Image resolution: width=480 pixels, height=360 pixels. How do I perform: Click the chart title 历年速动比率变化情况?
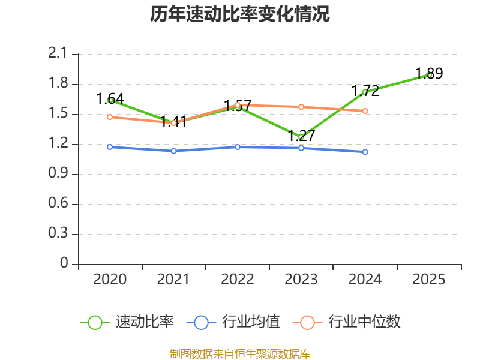click(x=240, y=14)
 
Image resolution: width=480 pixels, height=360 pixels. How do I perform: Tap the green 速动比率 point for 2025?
click(x=429, y=75)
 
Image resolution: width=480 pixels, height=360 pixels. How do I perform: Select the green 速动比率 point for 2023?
click(x=301, y=137)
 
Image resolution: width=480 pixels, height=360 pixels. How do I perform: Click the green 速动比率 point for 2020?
click(x=110, y=100)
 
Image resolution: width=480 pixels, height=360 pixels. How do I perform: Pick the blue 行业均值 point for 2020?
click(x=110, y=147)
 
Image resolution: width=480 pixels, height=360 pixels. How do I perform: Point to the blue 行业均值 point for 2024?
click(x=365, y=152)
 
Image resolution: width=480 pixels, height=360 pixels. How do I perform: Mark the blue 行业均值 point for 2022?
click(x=238, y=147)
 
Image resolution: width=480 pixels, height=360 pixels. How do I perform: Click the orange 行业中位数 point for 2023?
click(x=301, y=107)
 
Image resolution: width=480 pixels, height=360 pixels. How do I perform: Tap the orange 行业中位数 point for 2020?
click(x=110, y=117)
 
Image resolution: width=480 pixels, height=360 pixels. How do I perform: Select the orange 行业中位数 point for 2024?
click(x=365, y=111)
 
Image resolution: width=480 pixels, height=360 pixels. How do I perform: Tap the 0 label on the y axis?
click(x=65, y=264)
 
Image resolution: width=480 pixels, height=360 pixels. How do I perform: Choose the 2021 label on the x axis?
click(x=173, y=280)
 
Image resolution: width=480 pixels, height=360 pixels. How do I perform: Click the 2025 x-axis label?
click(x=429, y=280)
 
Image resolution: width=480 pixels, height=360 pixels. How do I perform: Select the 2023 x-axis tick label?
click(x=301, y=280)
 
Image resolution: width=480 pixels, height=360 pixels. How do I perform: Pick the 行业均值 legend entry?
click(x=233, y=322)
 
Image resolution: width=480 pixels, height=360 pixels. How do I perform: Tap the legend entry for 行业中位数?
click(x=347, y=322)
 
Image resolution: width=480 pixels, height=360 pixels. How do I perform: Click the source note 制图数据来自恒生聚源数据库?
click(x=240, y=354)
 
